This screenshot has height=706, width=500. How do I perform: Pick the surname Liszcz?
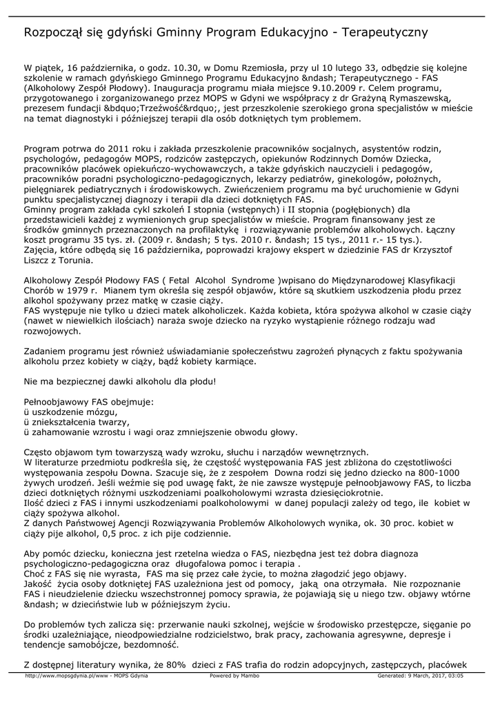click(39, 262)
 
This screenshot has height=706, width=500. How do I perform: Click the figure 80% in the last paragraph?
click(175, 665)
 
